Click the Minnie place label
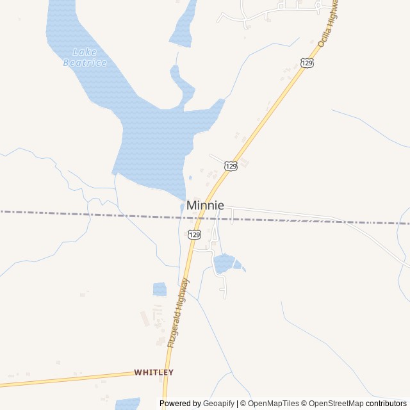click(x=205, y=206)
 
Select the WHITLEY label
click(x=154, y=372)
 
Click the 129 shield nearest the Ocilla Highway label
click(x=307, y=62)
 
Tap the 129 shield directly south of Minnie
click(x=195, y=234)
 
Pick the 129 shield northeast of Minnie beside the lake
click(x=231, y=166)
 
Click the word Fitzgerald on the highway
click(x=174, y=326)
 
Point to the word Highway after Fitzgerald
click(x=183, y=292)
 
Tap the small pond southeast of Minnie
click(x=225, y=263)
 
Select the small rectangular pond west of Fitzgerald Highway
click(x=160, y=290)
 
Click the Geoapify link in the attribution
click(x=219, y=404)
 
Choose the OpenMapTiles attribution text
click(x=274, y=404)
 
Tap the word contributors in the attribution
click(x=386, y=404)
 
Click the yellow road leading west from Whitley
click(x=64, y=379)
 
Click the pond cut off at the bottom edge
click(x=127, y=404)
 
